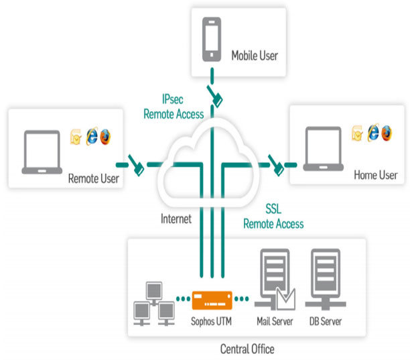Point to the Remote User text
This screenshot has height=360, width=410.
94,178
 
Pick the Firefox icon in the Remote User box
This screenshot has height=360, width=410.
105,135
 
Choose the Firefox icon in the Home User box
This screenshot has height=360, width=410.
387,132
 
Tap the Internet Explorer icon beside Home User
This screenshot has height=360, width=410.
373,132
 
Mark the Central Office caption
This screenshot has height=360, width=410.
247,349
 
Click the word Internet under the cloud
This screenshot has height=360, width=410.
176,219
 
